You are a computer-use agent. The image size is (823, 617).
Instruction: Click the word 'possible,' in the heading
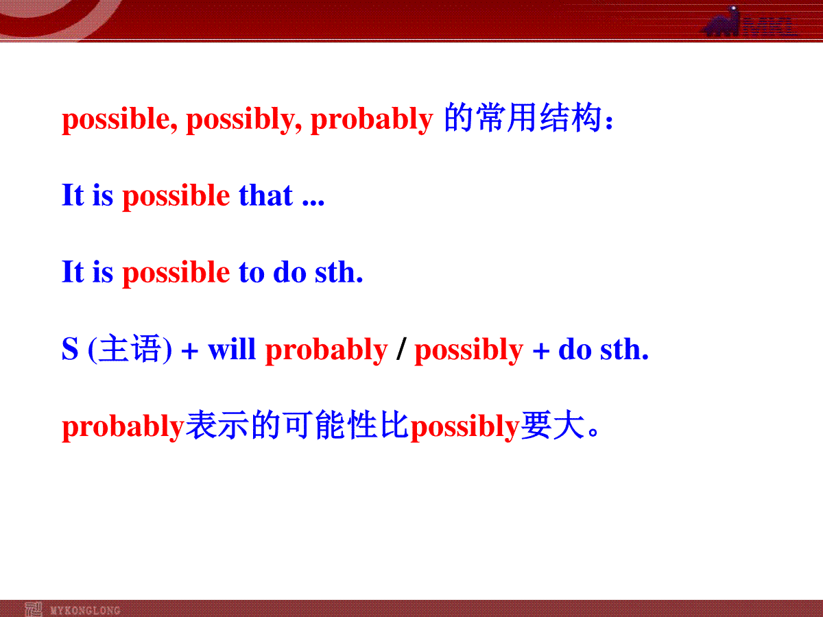(119, 119)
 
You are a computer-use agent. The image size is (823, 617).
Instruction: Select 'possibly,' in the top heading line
(243, 119)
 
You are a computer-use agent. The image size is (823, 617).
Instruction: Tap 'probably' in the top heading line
(372, 119)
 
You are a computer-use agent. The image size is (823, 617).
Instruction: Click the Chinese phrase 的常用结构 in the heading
(523, 118)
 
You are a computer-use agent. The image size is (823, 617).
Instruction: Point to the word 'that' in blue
(265, 195)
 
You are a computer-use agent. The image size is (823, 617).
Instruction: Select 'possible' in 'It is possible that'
(176, 196)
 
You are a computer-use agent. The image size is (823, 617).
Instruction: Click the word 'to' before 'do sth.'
(252, 273)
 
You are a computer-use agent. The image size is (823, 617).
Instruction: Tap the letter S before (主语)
(70, 349)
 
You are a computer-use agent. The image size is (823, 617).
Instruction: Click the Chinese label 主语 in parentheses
(130, 348)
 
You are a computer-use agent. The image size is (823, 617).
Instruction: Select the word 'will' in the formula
(232, 349)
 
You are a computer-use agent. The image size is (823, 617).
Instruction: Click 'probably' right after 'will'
(326, 350)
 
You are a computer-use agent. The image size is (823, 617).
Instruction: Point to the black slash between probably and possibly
(402, 349)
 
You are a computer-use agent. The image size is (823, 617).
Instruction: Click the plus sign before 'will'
(190, 352)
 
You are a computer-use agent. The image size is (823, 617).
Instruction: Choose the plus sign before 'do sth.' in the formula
(540, 352)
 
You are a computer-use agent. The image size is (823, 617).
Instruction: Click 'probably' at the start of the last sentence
(123, 427)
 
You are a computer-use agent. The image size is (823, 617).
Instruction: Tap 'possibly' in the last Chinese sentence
(465, 427)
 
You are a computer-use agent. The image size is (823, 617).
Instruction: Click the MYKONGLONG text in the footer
(86, 610)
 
